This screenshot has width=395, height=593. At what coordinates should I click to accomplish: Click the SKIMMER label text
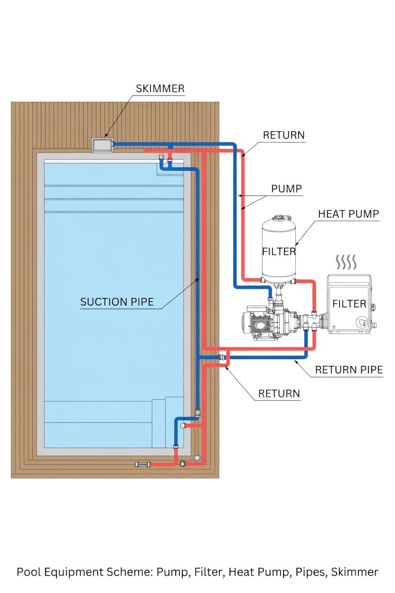coord(160,89)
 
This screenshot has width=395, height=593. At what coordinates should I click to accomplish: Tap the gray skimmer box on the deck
coord(103,145)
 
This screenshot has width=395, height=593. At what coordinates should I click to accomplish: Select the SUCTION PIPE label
coord(117,302)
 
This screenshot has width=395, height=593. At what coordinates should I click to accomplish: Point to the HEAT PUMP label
coord(348,214)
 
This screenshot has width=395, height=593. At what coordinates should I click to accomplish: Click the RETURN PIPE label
coord(349,370)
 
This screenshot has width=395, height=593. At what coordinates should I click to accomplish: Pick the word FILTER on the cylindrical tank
coord(279,251)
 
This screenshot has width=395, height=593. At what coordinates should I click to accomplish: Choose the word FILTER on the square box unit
coord(349,304)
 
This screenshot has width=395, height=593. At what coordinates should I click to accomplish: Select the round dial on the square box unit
coord(362,323)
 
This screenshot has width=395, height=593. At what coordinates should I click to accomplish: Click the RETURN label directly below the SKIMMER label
coord(283,135)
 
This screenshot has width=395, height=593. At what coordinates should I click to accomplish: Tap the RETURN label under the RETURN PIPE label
coord(279,393)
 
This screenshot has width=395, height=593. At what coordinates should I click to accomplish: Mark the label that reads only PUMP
coord(286,189)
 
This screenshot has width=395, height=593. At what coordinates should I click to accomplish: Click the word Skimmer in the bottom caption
coord(355,572)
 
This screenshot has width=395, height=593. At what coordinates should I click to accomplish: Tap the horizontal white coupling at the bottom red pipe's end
coord(142,464)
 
